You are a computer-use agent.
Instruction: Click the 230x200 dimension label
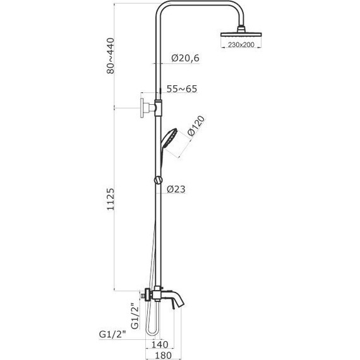pyautogui.click(x=241, y=45)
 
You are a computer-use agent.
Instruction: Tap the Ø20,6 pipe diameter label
pyautogui.click(x=186, y=58)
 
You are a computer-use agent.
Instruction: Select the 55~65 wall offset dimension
pyautogui.click(x=182, y=89)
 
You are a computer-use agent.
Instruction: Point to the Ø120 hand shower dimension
pyautogui.click(x=196, y=126)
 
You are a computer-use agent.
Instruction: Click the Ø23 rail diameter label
pyautogui.click(x=176, y=189)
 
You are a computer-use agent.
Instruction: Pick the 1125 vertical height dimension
pyautogui.click(x=111, y=199)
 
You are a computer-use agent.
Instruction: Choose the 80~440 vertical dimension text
pyautogui.click(x=111, y=56)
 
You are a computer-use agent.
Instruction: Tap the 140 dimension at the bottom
pyautogui.click(x=160, y=344)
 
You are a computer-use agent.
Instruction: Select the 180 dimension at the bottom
pyautogui.click(x=163, y=355)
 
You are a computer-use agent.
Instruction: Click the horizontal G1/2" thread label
pyautogui.click(x=112, y=334)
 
